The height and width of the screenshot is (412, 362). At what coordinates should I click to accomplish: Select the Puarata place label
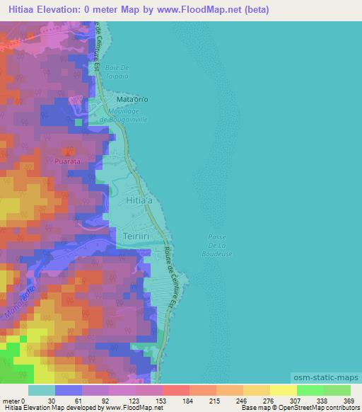pos(69,161)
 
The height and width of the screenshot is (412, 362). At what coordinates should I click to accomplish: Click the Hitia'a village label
pos(139,201)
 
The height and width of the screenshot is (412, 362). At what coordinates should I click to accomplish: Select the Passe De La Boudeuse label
pos(216,246)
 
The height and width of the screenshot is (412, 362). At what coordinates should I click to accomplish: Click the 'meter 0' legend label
pos(14,401)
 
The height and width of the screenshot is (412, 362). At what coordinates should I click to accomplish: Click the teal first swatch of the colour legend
pos(41,390)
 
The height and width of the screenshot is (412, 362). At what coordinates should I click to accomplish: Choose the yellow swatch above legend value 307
pos(283,390)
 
